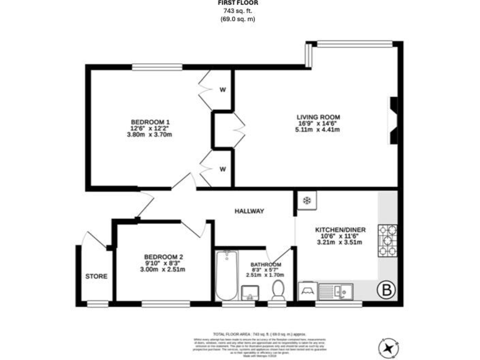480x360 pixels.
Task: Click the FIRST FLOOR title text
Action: tap(237, 3)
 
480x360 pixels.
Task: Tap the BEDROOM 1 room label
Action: tap(150, 121)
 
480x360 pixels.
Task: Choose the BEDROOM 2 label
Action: tap(163, 256)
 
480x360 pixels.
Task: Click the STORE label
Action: tap(96, 276)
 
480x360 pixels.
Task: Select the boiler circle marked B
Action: tap(387, 290)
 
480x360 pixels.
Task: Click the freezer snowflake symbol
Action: tap(306, 201)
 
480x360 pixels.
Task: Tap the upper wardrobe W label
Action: tap(222, 89)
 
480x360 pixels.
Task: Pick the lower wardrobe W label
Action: tap(222, 169)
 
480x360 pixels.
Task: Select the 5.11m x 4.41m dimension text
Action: tap(317, 130)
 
